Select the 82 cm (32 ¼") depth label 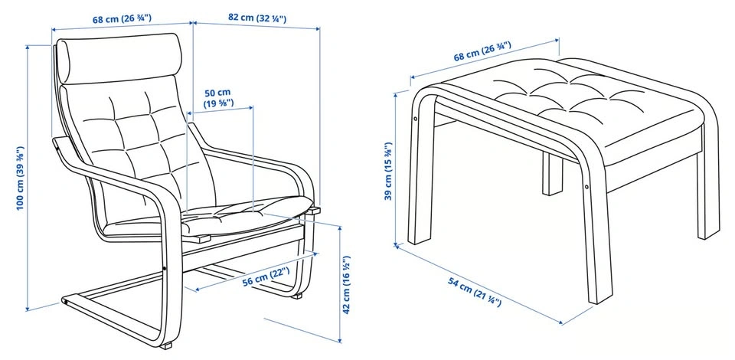click(x=257, y=18)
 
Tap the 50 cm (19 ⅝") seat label click(x=218, y=98)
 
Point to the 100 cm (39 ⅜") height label click(x=21, y=178)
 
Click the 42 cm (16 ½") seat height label click(x=346, y=284)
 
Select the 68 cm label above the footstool click(x=482, y=52)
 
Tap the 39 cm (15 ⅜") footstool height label click(x=389, y=171)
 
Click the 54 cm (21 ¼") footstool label click(x=475, y=292)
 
